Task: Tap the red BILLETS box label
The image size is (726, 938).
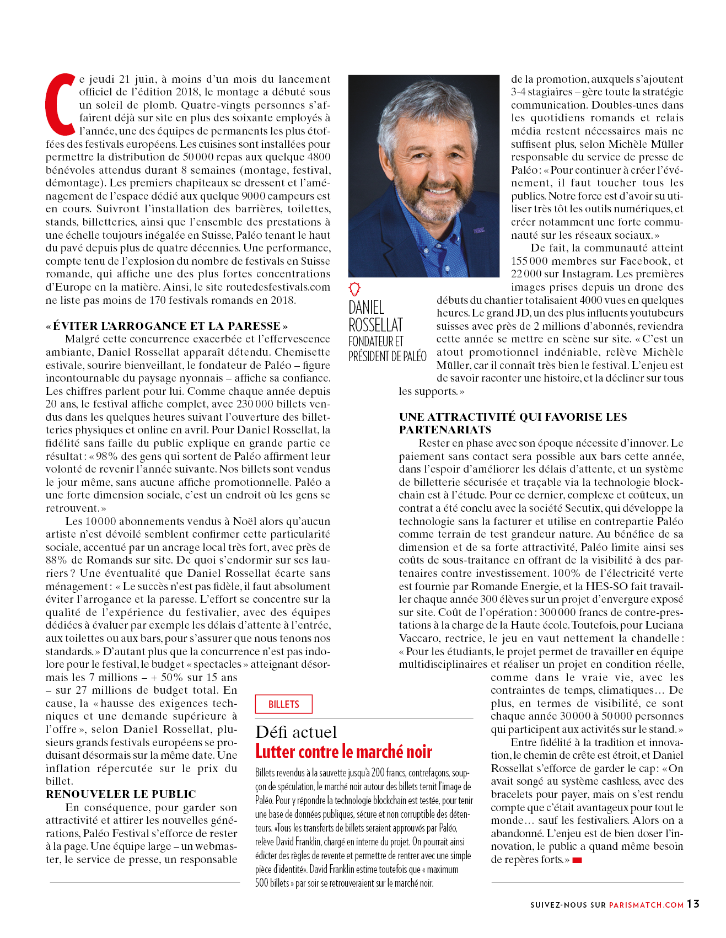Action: (283, 704)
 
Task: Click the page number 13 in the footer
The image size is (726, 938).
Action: (693, 904)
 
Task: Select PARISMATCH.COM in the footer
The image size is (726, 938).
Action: (646, 905)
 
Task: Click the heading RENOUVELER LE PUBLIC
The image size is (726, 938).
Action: (121, 794)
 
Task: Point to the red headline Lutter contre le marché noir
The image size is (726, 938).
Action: (343, 752)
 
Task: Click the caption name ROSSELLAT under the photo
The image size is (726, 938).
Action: (375, 325)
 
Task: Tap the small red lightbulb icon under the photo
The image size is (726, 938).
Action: (354, 288)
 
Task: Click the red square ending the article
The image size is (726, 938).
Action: (577, 860)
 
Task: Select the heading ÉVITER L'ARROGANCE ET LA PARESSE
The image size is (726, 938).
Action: (166, 326)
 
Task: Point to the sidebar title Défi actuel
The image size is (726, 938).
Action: (296, 732)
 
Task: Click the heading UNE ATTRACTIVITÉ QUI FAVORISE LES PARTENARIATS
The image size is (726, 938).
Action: (513, 423)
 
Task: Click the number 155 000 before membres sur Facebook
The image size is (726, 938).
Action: (530, 261)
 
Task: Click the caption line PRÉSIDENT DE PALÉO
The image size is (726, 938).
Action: (387, 356)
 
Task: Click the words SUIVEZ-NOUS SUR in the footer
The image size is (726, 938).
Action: (567, 905)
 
